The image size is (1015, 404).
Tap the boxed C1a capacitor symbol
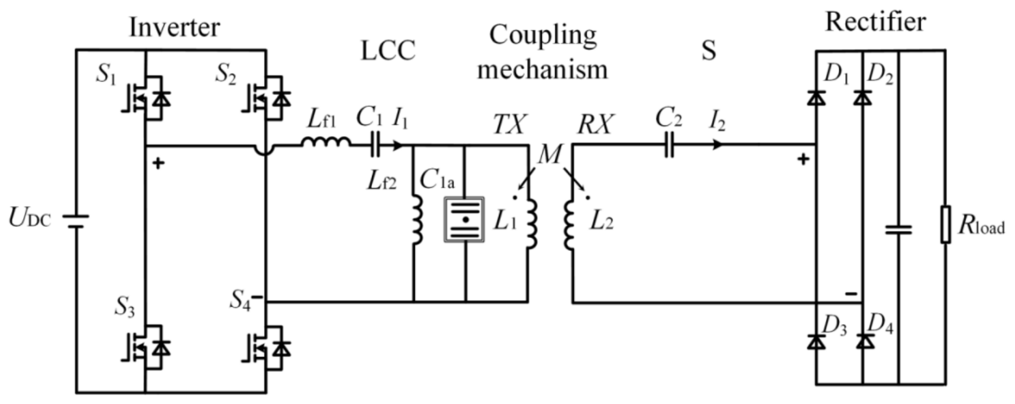click(465, 219)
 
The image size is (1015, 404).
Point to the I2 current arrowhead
click(718, 145)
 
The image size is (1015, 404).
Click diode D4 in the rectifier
click(864, 341)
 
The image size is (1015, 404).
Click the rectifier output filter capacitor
click(898, 230)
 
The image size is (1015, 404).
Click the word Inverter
click(174, 27)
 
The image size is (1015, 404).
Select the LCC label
click(388, 51)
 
